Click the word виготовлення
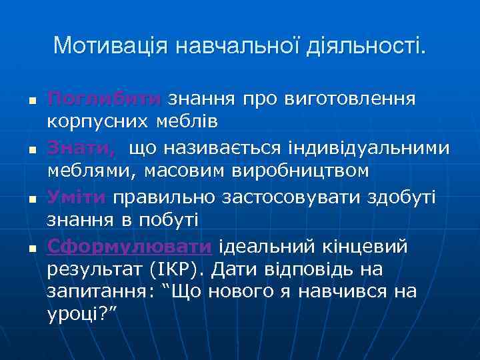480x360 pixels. (351, 99)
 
